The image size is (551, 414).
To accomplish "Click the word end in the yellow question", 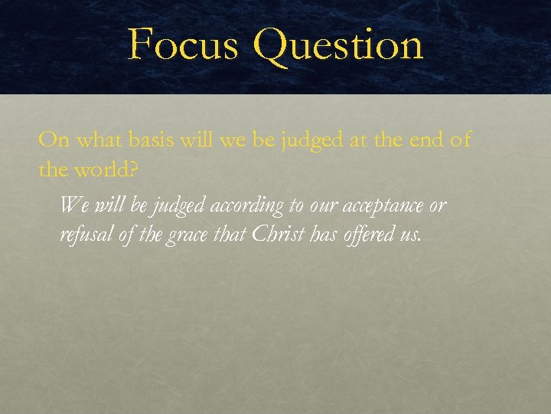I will [425, 141].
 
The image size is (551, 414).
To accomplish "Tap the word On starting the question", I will [52, 140].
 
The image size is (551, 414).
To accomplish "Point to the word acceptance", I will [380, 207].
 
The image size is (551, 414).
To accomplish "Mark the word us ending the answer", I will [410, 235].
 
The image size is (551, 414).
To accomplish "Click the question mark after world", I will [134, 169].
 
